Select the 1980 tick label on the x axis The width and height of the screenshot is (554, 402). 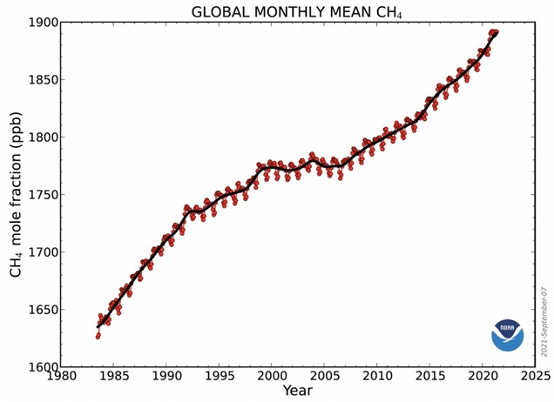point(60,378)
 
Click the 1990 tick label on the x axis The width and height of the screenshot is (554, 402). point(166,378)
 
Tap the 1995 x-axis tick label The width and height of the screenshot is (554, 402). point(219,378)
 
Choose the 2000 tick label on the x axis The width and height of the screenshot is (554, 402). point(272,378)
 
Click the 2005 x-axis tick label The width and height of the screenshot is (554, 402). point(324,378)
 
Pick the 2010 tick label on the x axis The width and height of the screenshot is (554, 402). point(377,378)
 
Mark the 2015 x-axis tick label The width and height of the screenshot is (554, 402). point(429,378)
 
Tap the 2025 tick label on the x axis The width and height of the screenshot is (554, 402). point(534,378)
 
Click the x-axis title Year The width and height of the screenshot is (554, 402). point(297,392)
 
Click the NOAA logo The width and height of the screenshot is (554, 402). point(507,334)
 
